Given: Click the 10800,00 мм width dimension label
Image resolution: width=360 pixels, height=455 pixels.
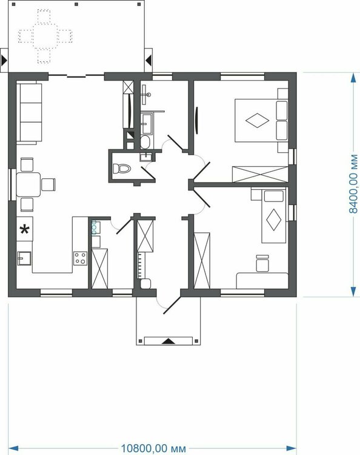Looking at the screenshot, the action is [x=153, y=448].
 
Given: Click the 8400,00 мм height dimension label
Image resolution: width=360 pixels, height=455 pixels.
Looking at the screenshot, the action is [x=353, y=184].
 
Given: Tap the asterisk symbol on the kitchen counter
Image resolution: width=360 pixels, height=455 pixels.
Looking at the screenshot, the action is [x=24, y=229].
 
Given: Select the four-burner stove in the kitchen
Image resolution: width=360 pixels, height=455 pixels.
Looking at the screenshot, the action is [x=80, y=258].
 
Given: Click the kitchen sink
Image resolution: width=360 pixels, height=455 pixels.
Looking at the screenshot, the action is [x=24, y=258].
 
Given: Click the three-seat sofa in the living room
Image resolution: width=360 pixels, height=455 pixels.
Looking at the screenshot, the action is [x=29, y=113].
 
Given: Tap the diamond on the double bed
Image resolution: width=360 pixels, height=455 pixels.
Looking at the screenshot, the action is [x=257, y=120].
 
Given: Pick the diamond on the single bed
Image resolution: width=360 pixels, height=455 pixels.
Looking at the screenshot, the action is [x=273, y=220].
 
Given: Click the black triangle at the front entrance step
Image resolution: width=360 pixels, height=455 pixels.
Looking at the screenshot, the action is [x=168, y=341].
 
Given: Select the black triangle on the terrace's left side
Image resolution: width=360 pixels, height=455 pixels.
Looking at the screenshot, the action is [x=4, y=60].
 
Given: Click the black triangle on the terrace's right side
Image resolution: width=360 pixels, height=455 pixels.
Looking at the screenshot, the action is [x=148, y=60].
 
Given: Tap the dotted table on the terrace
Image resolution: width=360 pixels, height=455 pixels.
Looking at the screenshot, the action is [x=45, y=36].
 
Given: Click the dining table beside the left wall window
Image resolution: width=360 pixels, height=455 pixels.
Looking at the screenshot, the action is [x=28, y=184].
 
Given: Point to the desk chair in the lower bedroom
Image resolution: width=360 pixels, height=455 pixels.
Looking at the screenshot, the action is [x=262, y=263].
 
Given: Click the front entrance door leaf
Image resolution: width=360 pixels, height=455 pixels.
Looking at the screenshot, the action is [x=172, y=305].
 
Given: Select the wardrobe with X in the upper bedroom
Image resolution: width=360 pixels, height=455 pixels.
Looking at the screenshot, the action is [x=260, y=174].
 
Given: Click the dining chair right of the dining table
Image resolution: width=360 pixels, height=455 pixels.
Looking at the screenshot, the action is [x=48, y=184].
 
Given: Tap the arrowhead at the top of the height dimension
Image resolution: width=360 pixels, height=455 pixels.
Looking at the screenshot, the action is [x=353, y=78].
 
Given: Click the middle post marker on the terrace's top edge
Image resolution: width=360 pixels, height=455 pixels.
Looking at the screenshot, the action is [x=76, y=4].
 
